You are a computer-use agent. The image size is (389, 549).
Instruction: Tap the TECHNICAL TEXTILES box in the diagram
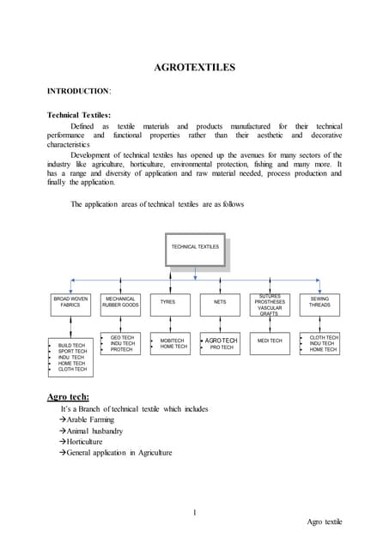(x=196, y=248)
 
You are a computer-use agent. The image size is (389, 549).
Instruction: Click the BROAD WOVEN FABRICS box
(x=70, y=302)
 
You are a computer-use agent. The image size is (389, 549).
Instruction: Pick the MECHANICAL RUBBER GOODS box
(x=120, y=302)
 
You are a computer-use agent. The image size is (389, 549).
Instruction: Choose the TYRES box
(x=168, y=302)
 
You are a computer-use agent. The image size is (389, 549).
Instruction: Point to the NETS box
(x=220, y=302)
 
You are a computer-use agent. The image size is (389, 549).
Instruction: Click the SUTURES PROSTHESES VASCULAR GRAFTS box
(x=270, y=304)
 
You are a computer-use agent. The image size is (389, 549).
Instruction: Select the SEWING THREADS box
(x=319, y=302)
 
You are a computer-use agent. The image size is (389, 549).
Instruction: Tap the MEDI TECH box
(x=270, y=341)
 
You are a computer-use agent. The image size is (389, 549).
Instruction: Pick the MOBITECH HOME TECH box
(x=173, y=343)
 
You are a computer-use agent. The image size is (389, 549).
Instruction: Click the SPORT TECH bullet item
(x=72, y=352)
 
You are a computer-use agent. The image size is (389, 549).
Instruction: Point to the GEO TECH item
(x=122, y=337)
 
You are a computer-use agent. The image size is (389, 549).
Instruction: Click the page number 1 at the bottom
(x=195, y=513)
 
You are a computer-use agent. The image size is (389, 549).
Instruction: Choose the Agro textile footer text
(x=324, y=522)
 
